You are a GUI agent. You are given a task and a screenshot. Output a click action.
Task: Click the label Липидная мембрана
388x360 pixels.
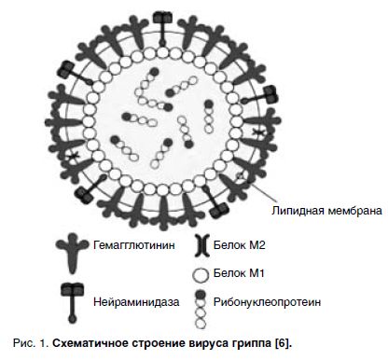tap(326, 211)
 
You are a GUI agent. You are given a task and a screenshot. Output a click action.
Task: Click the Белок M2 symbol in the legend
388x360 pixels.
tap(200, 246)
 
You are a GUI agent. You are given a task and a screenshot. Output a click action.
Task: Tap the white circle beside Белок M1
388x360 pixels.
tap(200, 274)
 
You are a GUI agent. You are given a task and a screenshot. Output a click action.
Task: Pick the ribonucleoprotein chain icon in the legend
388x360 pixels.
tap(200, 304)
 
